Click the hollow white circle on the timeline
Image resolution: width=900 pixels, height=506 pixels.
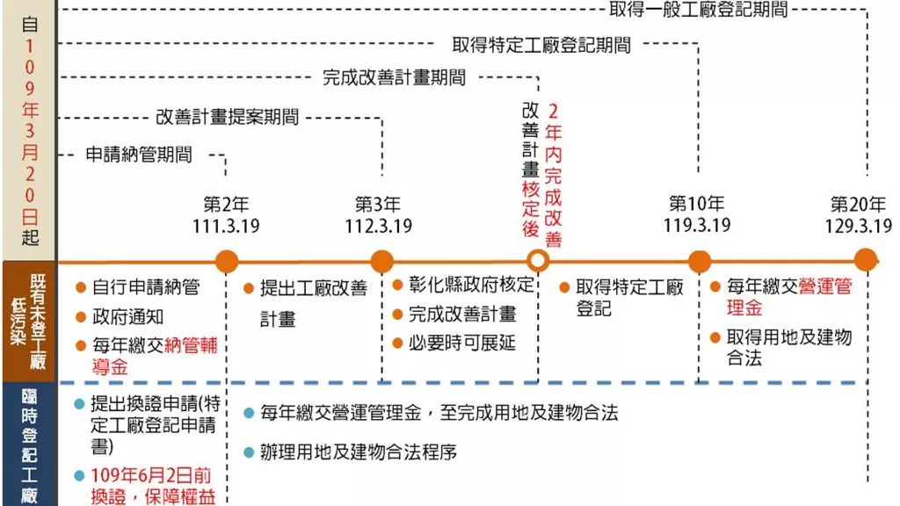pyautogui.click(x=538, y=261)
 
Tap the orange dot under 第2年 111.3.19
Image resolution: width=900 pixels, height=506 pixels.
pyautogui.click(x=227, y=262)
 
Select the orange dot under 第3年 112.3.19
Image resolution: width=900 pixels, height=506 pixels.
pyautogui.click(x=381, y=262)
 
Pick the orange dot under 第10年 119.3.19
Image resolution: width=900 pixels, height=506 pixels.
pyautogui.click(x=699, y=262)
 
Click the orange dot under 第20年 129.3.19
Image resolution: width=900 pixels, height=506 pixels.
pyautogui.click(x=866, y=260)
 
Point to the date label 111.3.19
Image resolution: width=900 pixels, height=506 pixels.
pyautogui.click(x=226, y=226)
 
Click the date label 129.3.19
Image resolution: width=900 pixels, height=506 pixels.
pyautogui.click(x=859, y=226)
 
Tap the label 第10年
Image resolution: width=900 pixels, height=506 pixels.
pyautogui.click(x=697, y=203)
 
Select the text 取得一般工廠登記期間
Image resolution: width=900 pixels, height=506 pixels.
pyautogui.click(x=698, y=9)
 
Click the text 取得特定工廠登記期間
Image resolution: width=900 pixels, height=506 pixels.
pyautogui.click(x=541, y=45)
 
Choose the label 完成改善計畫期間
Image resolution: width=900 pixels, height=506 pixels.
pyautogui.click(x=394, y=77)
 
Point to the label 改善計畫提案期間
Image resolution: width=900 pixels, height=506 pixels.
pyautogui.click(x=228, y=117)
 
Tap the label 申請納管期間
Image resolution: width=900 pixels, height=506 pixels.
pyautogui.click(x=139, y=155)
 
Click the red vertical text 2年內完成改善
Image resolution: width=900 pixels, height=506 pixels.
pyautogui.click(x=553, y=175)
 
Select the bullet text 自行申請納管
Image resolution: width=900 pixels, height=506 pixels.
pyautogui.click(x=146, y=287)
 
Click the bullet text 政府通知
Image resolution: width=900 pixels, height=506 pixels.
pyautogui.click(x=128, y=316)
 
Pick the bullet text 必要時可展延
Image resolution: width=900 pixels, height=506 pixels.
pyautogui.click(x=462, y=343)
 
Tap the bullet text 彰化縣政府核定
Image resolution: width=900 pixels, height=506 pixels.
pyautogui.click(x=471, y=285)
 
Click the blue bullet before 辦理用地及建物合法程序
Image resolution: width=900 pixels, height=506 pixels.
pyautogui.click(x=249, y=452)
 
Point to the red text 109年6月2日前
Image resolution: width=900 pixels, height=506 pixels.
pyautogui.click(x=151, y=475)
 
